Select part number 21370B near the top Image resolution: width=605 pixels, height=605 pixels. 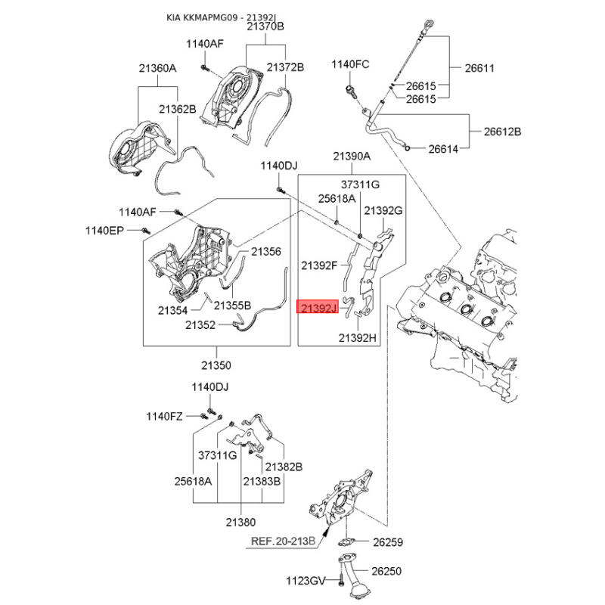(x=265, y=26)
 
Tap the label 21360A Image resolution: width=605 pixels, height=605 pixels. (x=157, y=69)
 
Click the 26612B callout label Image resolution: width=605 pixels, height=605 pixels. (x=503, y=131)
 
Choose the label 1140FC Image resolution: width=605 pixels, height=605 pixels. (x=350, y=64)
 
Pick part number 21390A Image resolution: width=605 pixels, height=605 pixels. (x=352, y=157)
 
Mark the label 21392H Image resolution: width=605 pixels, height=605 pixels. (x=357, y=338)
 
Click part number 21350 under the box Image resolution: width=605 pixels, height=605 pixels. (x=217, y=365)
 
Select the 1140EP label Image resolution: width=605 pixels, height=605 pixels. (x=104, y=230)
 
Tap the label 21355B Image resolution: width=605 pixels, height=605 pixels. (x=232, y=306)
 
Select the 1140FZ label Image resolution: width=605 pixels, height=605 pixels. (x=164, y=416)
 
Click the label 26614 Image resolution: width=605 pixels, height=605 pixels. (x=443, y=149)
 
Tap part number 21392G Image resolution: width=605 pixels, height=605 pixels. (x=383, y=209)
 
